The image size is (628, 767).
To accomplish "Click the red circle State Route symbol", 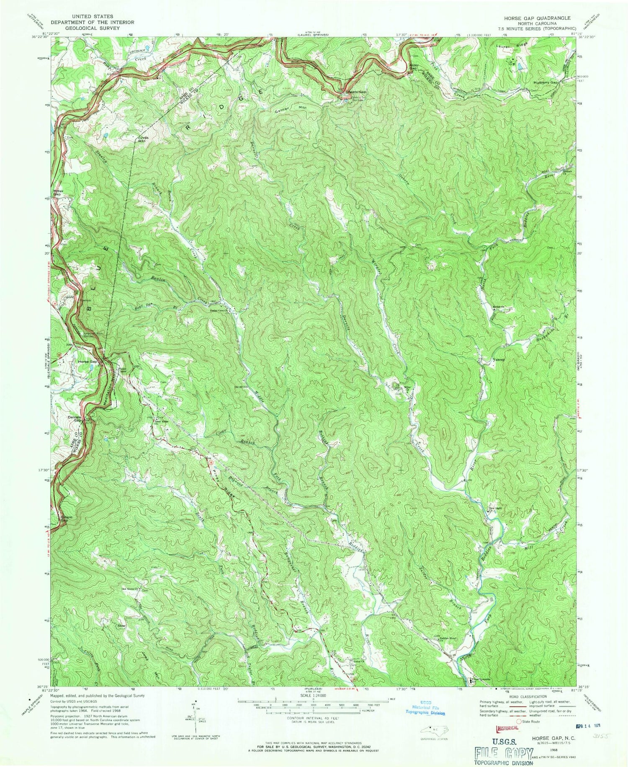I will (x=520, y=722).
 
